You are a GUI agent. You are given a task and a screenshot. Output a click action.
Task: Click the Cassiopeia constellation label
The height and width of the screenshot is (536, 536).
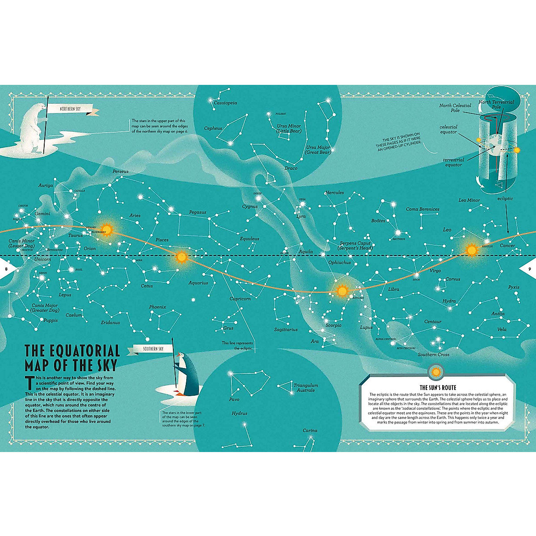225,103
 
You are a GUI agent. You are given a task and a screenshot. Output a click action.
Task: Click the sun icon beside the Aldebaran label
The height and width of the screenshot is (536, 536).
107,230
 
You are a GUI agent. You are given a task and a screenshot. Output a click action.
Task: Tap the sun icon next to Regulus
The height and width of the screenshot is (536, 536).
471,250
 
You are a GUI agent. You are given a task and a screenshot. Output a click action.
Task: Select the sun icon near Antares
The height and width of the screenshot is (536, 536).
342,291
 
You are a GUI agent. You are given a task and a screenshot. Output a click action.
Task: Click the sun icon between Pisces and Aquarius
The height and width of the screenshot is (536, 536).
181,257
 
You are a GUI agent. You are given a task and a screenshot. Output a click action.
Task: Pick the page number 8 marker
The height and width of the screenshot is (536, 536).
6,269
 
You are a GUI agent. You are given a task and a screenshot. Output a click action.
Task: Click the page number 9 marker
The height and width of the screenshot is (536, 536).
529,269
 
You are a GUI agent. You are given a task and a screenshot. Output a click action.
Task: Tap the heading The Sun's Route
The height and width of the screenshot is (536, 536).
438,388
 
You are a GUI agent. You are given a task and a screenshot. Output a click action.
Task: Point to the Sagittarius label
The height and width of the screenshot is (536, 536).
286,330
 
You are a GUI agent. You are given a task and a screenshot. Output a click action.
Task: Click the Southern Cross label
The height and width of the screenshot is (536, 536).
433,355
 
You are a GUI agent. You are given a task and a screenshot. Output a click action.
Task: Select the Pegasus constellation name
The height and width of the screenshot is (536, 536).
197,212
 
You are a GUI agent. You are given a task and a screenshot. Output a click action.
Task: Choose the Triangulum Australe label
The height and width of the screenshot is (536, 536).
306,388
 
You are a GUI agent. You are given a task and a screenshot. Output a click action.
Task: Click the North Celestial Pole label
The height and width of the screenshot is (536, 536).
455,108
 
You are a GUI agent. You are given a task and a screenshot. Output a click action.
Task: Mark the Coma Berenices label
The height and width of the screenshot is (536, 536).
423,209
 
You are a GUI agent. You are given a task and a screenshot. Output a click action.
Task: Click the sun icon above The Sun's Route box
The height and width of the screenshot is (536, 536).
436,371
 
